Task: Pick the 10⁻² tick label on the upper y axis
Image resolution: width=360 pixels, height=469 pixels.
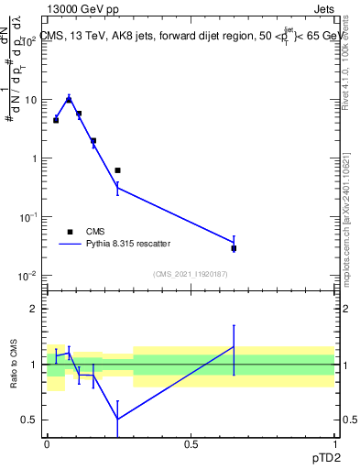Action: coord(30,276)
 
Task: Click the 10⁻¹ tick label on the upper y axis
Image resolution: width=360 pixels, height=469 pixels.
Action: coord(30,217)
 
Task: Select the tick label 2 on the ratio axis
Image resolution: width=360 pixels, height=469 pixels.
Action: coord(34,309)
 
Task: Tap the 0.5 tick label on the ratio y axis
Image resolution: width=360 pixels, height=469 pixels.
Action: coord(30,420)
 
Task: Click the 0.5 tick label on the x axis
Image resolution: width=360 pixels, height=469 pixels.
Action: coord(191,442)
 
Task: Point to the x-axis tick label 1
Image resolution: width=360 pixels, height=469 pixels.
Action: coord(333,442)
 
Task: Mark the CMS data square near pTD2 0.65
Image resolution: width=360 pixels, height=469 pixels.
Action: coord(234,248)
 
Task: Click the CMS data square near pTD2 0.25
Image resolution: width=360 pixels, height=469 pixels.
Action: coord(117,170)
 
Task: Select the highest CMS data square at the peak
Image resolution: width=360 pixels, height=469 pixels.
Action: coord(69,100)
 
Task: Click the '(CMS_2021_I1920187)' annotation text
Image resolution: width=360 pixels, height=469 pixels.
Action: coord(191,274)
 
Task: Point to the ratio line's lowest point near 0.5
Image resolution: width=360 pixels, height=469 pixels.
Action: coord(117,420)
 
